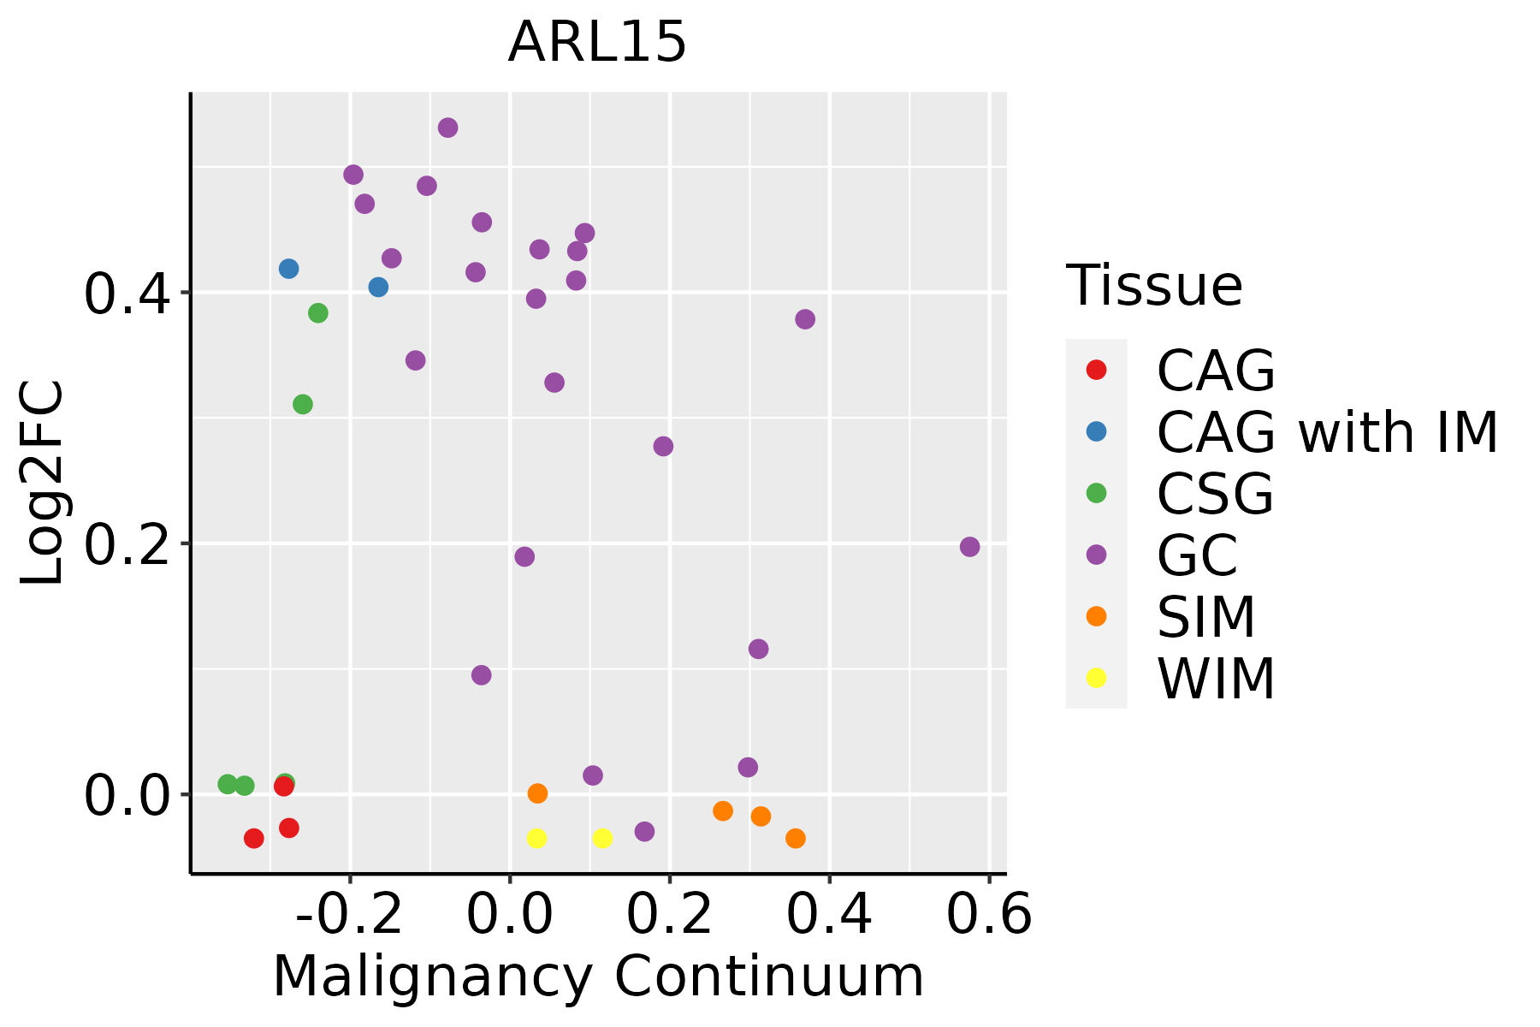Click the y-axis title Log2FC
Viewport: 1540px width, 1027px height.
pyautogui.click(x=43, y=483)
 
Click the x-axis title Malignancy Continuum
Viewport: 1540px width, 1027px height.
pyautogui.click(x=598, y=977)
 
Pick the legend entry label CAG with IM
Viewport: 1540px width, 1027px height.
pyautogui.click(x=1327, y=432)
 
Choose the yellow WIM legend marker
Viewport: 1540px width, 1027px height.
pyautogui.click(x=1096, y=678)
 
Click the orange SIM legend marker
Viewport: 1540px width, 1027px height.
pyautogui.click(x=1096, y=616)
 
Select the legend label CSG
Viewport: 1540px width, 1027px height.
pyautogui.click(x=1215, y=494)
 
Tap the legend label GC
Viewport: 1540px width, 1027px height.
pyautogui.click(x=1197, y=555)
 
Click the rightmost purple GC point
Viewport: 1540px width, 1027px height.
pyautogui.click(x=969, y=547)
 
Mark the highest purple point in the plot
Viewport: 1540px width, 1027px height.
pyautogui.click(x=447, y=128)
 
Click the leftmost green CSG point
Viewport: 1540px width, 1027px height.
pyautogui.click(x=228, y=784)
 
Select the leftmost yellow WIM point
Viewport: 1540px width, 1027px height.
pyautogui.click(x=536, y=838)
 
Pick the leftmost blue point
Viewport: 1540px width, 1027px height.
pyautogui.click(x=289, y=269)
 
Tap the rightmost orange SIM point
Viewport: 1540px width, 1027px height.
pyautogui.click(x=796, y=838)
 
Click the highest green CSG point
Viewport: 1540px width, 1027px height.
pyautogui.click(x=318, y=313)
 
